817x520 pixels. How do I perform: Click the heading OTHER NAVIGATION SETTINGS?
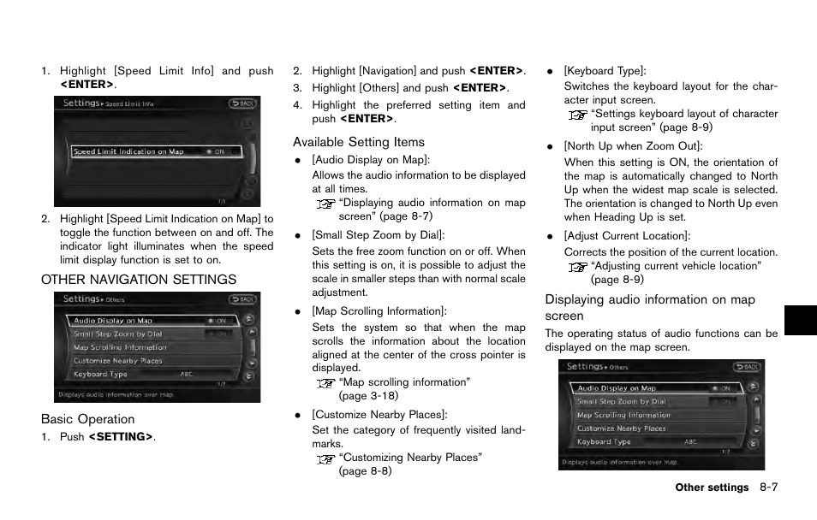(139, 280)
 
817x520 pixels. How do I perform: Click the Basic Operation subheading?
(88, 419)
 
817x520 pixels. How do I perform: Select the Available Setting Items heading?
(359, 142)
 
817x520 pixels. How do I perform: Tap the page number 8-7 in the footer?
(767, 487)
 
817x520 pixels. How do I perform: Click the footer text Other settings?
(711, 488)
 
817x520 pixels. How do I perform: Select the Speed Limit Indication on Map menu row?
(156, 151)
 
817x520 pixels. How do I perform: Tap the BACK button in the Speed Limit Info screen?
(242, 103)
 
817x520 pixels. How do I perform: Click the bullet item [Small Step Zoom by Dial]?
(378, 235)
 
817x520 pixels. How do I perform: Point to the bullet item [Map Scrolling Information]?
(379, 311)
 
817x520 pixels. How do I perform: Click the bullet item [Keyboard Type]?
(605, 71)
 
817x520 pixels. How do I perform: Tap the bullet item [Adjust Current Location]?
(627, 236)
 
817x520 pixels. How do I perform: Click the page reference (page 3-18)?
(368, 396)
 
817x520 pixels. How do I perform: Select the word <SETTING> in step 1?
(121, 437)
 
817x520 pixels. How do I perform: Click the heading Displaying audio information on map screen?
(650, 307)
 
